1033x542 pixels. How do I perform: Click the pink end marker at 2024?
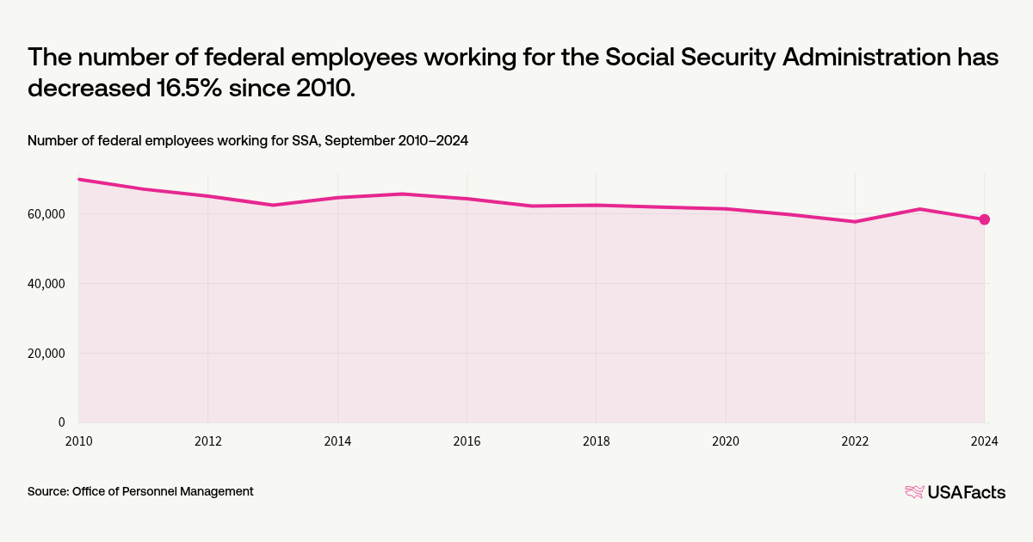[x=984, y=219]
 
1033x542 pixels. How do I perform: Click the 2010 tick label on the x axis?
[x=78, y=442]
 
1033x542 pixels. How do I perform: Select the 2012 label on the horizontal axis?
[x=207, y=442]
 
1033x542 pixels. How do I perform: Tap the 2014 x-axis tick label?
[x=337, y=442]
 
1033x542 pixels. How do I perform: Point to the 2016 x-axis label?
[x=467, y=442]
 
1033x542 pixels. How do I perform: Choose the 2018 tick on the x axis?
[x=596, y=442]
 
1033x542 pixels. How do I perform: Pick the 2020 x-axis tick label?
[x=726, y=442]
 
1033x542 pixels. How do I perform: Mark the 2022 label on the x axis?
[x=855, y=442]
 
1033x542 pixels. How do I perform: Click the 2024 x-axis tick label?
[x=984, y=442]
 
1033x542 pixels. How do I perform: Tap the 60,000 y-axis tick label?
[x=47, y=214]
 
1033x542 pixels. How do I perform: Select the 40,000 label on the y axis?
[x=47, y=284]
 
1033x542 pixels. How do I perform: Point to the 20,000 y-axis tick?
[x=47, y=354]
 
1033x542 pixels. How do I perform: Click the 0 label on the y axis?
[x=62, y=422]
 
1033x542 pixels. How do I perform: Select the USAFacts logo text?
[x=966, y=492]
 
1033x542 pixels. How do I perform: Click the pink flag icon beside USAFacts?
[x=913, y=492]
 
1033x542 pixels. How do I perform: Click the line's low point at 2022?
[x=855, y=222]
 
